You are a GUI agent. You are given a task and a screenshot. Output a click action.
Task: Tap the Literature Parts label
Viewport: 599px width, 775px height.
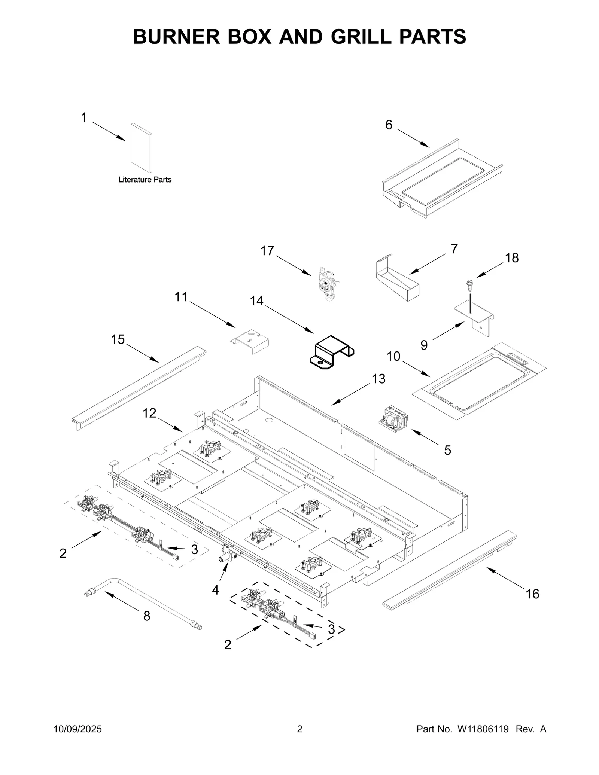pos(145,180)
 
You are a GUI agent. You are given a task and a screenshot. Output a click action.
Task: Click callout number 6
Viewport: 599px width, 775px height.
pos(389,125)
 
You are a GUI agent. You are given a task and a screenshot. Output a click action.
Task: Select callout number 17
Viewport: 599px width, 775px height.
pos(267,251)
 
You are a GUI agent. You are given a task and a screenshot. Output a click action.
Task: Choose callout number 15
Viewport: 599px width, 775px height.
pos(118,339)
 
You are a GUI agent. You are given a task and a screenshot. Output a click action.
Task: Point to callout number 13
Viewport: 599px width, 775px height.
pos(378,379)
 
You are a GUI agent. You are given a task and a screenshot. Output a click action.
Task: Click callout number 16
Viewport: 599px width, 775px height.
pos(532,594)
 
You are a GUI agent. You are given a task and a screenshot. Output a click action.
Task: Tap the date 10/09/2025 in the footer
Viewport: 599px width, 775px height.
pos(78,729)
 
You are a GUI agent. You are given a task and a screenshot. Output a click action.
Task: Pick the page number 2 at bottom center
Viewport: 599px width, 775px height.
pos(299,729)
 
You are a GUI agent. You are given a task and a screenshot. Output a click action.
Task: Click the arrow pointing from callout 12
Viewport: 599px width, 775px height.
pos(170,424)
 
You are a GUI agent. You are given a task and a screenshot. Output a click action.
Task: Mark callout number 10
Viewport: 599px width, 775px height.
pos(393,356)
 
